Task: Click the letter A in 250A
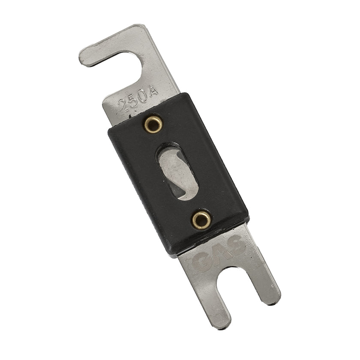point(153,92)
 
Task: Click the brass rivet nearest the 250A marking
point(153,124)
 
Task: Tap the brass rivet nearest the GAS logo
point(201,220)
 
